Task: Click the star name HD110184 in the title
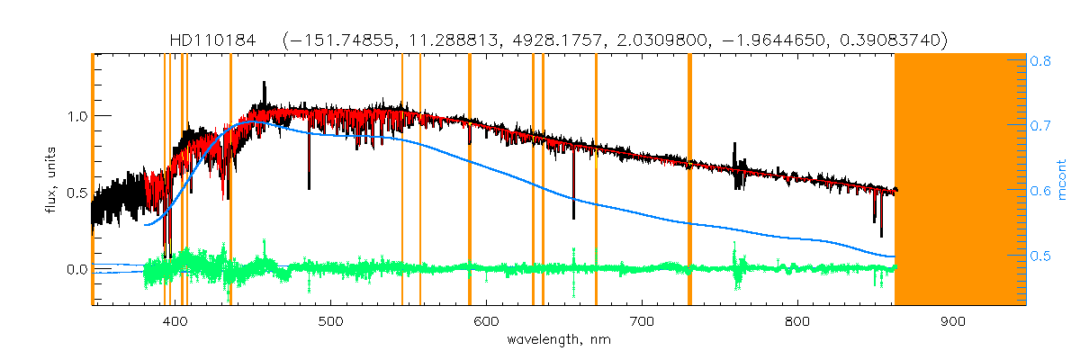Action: pyautogui.click(x=212, y=40)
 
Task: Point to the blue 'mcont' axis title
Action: pyautogui.click(x=1062, y=180)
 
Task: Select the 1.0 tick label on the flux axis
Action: pyautogui.click(x=76, y=117)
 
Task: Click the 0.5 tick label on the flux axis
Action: pyautogui.click(x=76, y=193)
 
